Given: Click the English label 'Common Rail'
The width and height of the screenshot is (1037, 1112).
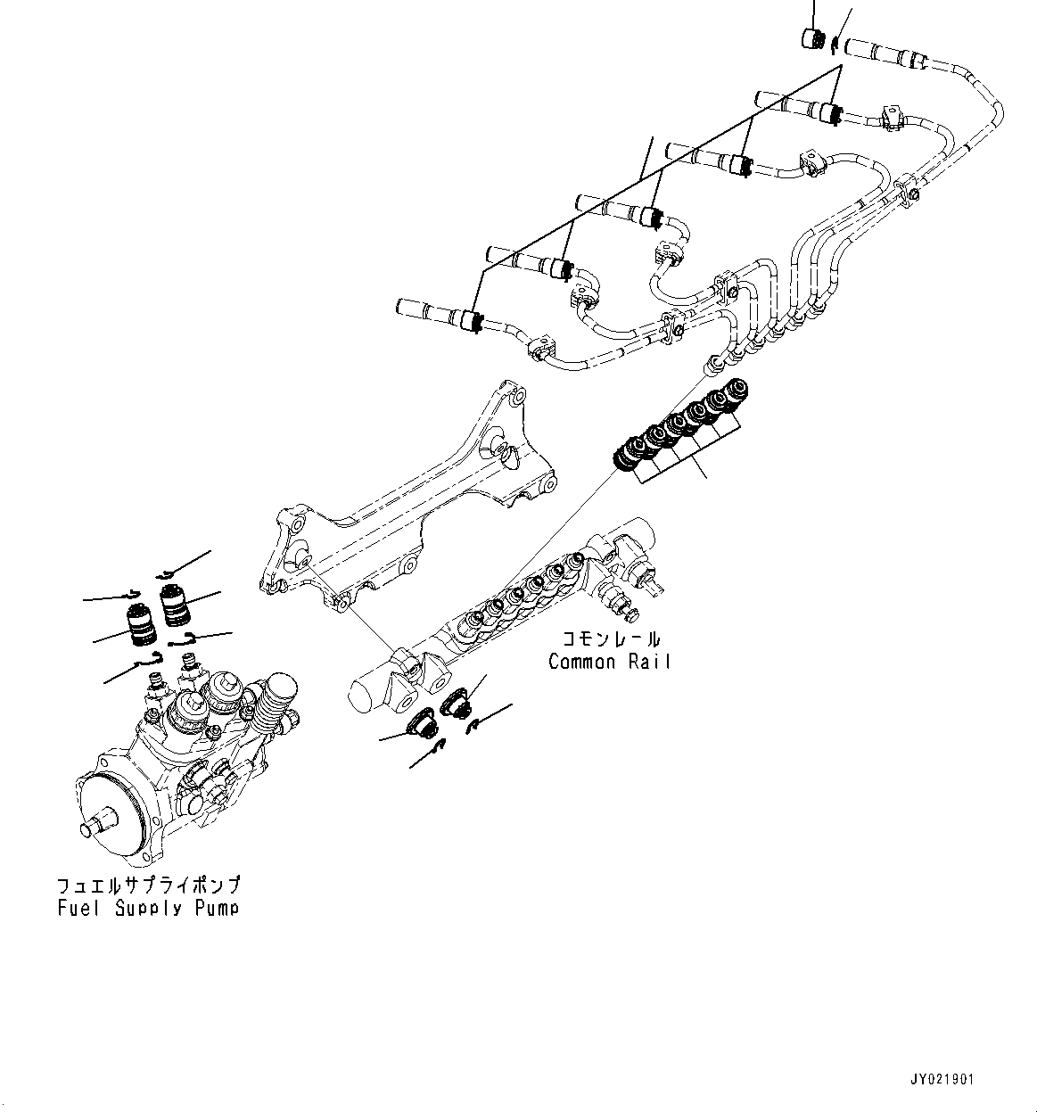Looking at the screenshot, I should point(609,662).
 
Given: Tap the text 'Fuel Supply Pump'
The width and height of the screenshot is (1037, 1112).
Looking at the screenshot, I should point(147,908).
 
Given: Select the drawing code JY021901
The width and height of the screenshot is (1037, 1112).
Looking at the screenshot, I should point(943,1080).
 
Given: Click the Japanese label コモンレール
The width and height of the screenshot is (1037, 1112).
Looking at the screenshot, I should point(610,639).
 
